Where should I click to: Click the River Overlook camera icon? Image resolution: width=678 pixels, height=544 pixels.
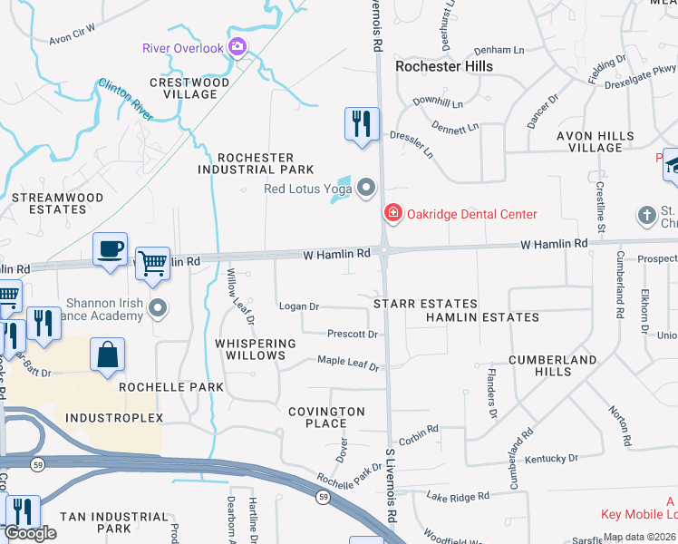(238, 47)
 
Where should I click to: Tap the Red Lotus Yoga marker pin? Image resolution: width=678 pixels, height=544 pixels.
(366, 189)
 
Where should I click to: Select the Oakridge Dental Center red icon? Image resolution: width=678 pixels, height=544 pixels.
(393, 214)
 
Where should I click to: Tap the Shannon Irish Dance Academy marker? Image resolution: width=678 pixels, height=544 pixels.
(159, 309)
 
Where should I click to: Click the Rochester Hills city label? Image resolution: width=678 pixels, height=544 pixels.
(444, 66)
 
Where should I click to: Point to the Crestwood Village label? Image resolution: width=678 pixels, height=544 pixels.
(189, 88)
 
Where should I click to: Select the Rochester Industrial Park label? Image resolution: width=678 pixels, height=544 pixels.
(256, 163)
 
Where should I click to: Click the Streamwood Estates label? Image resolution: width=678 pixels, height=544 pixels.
(48, 202)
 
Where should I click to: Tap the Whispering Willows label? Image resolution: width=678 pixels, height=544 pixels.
(256, 350)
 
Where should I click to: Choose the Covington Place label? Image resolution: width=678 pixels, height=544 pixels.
(326, 417)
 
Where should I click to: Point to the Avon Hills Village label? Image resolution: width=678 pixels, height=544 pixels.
(595, 141)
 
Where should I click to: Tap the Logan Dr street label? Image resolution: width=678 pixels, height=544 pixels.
(299, 306)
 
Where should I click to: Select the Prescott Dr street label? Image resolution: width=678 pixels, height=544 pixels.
(352, 334)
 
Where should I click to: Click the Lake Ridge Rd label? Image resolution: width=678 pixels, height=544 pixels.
(458, 496)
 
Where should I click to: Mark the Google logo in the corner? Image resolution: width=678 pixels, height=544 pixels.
(30, 533)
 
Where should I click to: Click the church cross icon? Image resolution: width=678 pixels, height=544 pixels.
(645, 215)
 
